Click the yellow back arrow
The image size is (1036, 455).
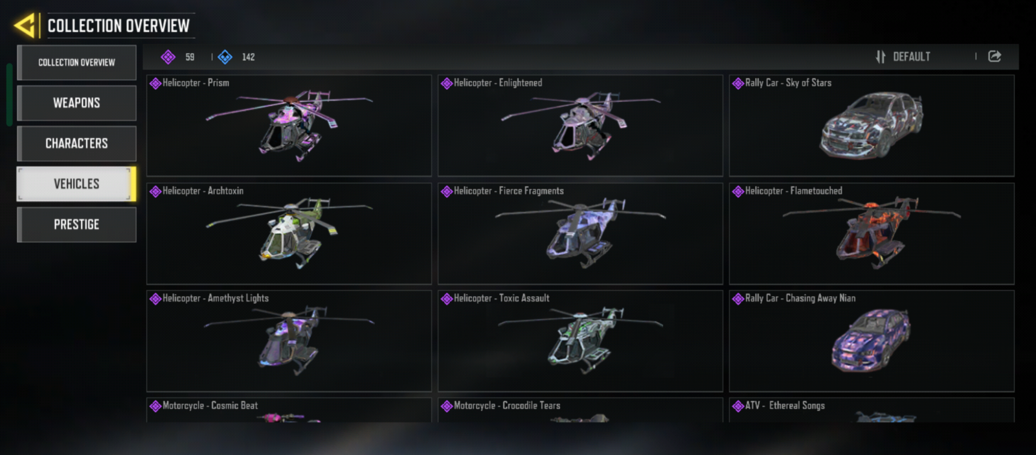tap(25, 25)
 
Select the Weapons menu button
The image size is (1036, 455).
tap(77, 103)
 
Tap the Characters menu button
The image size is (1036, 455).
tap(77, 143)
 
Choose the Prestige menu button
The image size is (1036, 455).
tap(77, 224)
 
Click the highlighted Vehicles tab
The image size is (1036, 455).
tap(77, 184)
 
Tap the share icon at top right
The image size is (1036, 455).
tap(995, 56)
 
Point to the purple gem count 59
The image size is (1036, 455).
tap(190, 57)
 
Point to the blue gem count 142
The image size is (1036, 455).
tap(249, 57)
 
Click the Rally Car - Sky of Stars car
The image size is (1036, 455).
tap(872, 125)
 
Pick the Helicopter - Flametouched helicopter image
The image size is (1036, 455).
tap(872, 232)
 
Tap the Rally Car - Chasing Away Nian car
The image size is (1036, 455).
tap(870, 340)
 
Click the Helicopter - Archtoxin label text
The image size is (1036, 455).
tap(203, 191)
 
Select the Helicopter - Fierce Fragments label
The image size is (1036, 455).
tap(509, 191)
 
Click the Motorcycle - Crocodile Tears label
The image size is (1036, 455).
tap(507, 406)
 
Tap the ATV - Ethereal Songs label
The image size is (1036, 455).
tap(785, 406)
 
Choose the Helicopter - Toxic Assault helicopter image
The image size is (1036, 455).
tap(581, 340)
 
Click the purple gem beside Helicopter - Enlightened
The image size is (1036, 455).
tap(447, 84)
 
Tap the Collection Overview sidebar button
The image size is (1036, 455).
tap(77, 62)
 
